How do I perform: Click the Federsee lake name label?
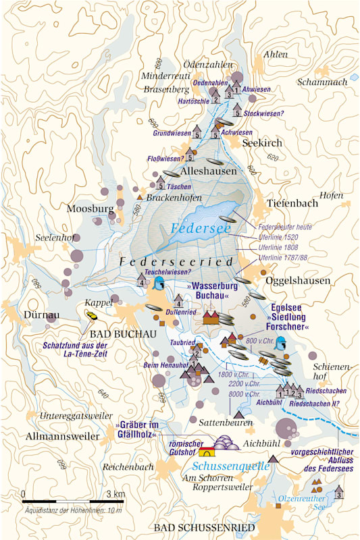tap(201, 228)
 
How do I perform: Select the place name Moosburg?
tap(89, 209)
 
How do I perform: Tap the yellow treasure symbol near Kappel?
tap(91, 315)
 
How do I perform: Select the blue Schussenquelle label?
tap(226, 466)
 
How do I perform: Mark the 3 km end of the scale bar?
tap(124, 501)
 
